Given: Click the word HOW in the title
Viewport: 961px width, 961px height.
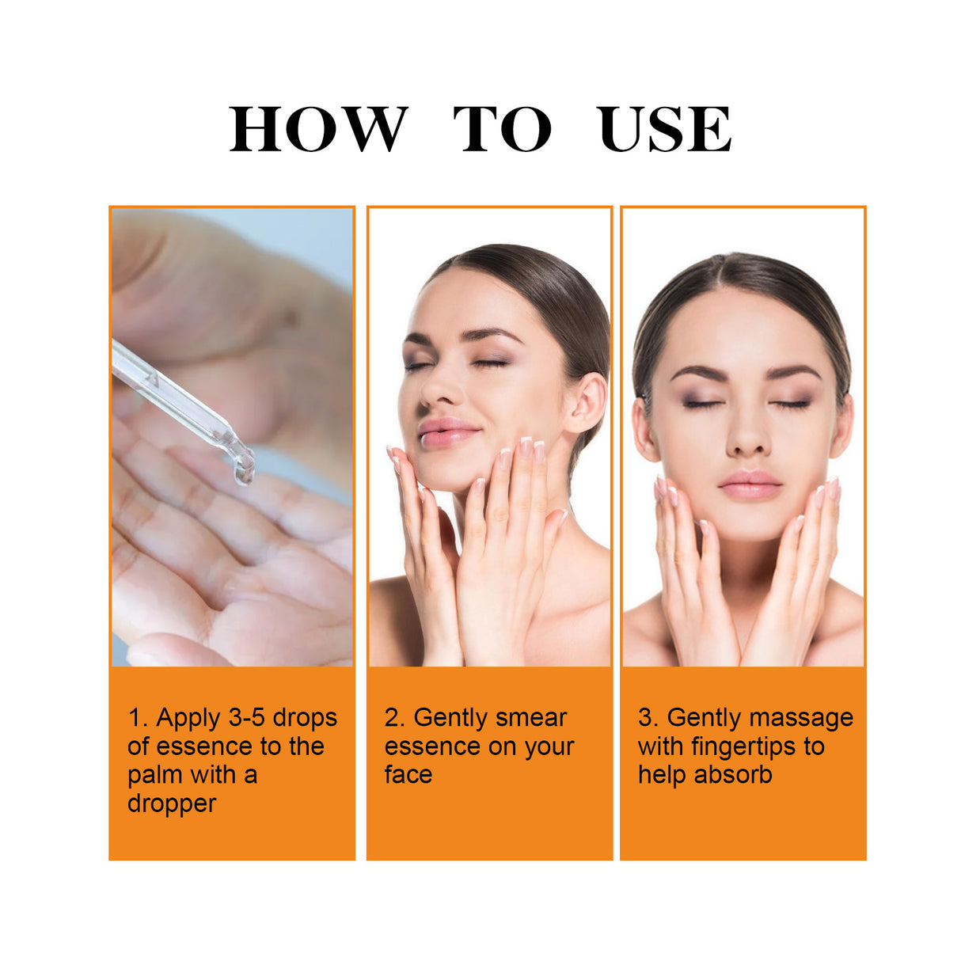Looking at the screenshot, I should (318, 129).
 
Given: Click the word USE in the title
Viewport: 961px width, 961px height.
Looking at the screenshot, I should (664, 129).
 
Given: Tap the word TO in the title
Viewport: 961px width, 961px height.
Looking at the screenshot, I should (501, 129).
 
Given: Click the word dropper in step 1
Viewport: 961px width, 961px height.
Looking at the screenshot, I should (172, 803).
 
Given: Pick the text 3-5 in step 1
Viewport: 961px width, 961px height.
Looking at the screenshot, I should (246, 718).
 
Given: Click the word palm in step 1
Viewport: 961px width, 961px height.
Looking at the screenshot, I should (154, 775).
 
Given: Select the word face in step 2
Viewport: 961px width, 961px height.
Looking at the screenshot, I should (408, 775).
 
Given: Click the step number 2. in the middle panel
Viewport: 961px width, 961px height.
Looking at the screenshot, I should (394, 718).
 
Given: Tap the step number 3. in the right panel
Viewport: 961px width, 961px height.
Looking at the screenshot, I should (648, 718).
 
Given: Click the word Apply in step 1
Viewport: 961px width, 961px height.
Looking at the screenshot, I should (188, 719).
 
